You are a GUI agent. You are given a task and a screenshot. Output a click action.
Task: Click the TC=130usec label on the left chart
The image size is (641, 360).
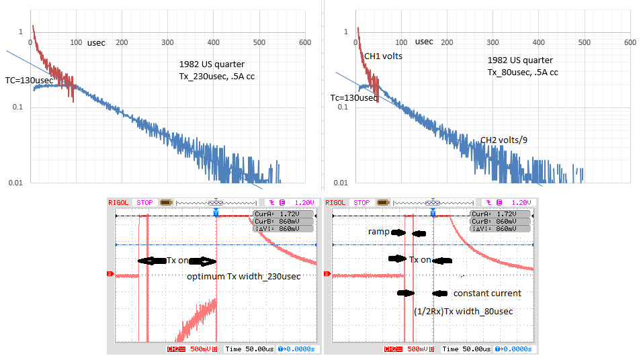coord(28,81)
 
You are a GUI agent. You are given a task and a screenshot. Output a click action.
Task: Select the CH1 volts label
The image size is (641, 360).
coord(383,56)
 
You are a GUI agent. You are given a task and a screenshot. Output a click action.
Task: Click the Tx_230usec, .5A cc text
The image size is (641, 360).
coord(216,76)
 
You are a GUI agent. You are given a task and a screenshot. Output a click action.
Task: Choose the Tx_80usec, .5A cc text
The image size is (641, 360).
coord(523,73)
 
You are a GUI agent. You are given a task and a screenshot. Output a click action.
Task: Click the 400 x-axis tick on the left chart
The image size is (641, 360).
coord(213,42)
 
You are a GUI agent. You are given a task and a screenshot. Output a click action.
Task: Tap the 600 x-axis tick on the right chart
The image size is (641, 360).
coord(630,42)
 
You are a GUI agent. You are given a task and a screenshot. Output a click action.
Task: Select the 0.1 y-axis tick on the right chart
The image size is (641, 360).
coord(341,107)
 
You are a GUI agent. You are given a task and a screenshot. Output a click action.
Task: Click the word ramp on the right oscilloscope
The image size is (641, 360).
coord(378,232)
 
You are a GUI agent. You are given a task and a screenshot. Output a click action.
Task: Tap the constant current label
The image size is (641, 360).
coord(487,294)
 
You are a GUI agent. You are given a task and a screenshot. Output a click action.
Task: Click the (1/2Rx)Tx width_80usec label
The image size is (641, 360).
coord(464,311)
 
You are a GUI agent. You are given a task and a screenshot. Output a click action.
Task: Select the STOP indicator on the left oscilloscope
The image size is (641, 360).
coord(145,202)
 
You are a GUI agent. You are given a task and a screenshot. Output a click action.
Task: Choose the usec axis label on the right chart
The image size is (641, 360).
coord(424,42)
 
